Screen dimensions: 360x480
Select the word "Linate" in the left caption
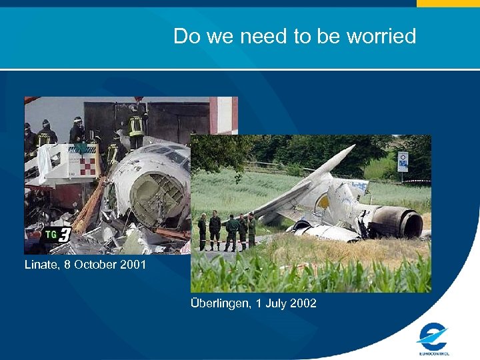click(41, 265)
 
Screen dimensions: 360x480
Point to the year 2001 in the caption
click(133, 265)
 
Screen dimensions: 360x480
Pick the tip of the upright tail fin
click(352, 147)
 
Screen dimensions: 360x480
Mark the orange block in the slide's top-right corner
click(447, 3)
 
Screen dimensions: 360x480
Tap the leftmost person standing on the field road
click(202, 230)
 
